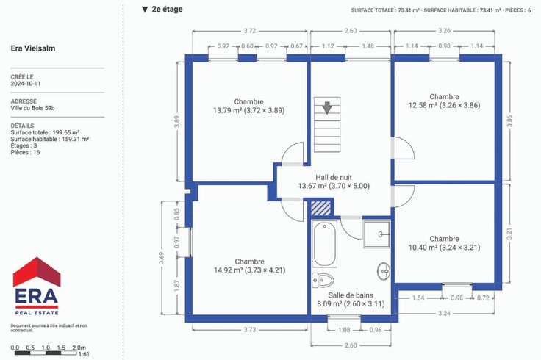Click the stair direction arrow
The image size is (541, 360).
pos(327,107)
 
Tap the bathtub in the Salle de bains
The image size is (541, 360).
pos(325,244)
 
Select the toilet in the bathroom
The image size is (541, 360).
pos(323,280)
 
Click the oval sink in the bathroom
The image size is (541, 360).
pos(384,271)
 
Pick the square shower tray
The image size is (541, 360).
pos(377,234)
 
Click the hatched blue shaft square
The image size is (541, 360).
pos(321,209)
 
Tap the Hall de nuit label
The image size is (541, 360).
pos(334,178)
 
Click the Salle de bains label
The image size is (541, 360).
pos(351,295)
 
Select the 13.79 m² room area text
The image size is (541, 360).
pos(248,111)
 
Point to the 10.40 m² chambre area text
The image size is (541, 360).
pos(444,248)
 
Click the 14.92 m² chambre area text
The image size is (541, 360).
pos(249,270)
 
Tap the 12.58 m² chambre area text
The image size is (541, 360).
pos(444,105)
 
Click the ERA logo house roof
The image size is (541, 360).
pos(37,271)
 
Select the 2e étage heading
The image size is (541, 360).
pos(167,10)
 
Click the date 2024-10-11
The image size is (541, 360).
pos(26,84)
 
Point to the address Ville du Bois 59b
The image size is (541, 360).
pos(33,108)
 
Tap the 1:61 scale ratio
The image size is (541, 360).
pos(84,354)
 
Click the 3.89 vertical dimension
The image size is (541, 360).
pos(176,121)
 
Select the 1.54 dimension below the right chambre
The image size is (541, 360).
pos(418,298)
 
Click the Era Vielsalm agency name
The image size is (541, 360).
pos(33,48)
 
